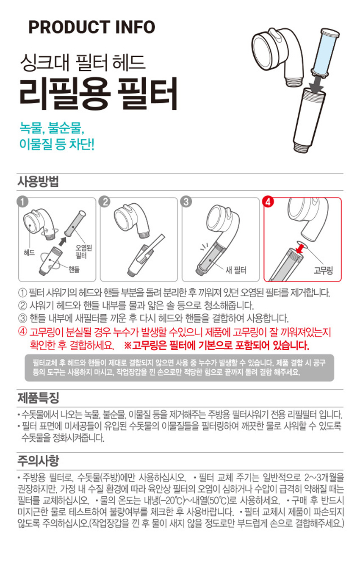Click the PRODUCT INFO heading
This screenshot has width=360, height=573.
pyautogui.click(x=91, y=27)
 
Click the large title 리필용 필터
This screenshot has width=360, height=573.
pyautogui.click(x=99, y=94)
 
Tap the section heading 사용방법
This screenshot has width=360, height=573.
pyautogui.click(x=38, y=181)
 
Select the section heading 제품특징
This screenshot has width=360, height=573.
pyautogui.click(x=38, y=398)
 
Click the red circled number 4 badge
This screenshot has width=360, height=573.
pyautogui.click(x=268, y=202)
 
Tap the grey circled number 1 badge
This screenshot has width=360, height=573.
pyautogui.click(x=22, y=202)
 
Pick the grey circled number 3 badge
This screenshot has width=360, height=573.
pyautogui.click(x=186, y=202)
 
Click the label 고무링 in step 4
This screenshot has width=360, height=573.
pyautogui.click(x=323, y=270)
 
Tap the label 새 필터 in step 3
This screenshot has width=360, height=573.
pyautogui.click(x=236, y=270)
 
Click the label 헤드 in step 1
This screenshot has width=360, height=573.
pyautogui.click(x=29, y=253)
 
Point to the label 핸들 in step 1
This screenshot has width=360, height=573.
pyautogui.click(x=74, y=269)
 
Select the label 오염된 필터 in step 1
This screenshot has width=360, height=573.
pyautogui.click(x=84, y=252)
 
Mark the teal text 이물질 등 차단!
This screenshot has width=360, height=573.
pyautogui.click(x=57, y=144)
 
